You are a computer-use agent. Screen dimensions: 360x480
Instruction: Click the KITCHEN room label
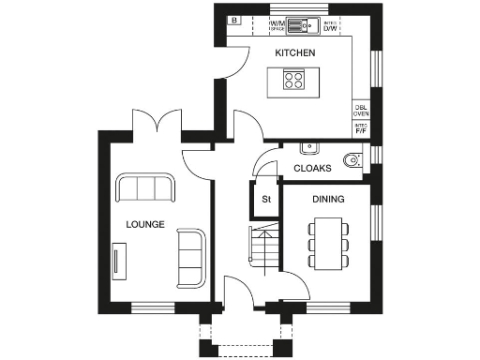(294, 53)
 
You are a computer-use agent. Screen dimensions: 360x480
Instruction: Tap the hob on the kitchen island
(292, 81)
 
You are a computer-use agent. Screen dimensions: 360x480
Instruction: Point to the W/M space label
(277, 26)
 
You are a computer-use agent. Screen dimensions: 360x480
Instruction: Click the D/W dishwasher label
(330, 26)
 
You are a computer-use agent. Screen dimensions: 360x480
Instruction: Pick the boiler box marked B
(233, 20)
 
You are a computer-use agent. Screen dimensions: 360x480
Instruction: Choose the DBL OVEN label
(360, 110)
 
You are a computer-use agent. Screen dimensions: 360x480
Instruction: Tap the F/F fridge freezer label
(360, 128)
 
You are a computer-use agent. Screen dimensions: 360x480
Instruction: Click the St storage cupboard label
(265, 199)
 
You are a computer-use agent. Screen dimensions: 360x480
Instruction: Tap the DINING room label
(328, 199)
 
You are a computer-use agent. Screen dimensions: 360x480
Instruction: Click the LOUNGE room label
(145, 225)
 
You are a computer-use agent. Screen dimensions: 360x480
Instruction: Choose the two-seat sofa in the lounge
(192, 258)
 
